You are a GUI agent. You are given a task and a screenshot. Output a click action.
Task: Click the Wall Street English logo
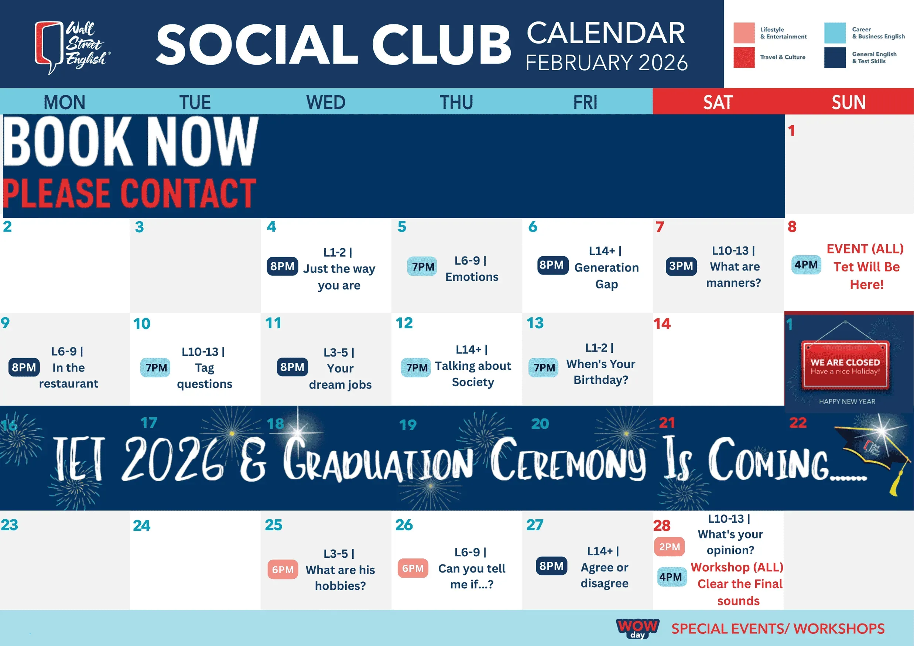tap(72, 47)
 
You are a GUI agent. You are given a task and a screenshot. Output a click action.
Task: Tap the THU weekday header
tap(456, 102)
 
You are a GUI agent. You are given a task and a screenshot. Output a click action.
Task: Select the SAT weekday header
tap(718, 102)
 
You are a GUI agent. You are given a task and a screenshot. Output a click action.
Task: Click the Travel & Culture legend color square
tap(744, 57)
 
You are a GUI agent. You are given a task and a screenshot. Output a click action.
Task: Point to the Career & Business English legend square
tap(835, 33)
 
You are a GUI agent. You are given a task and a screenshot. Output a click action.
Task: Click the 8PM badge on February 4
tap(282, 266)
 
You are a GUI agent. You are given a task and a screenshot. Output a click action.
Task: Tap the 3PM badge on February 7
tap(681, 266)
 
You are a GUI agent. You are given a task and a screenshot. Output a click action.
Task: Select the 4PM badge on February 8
tap(806, 265)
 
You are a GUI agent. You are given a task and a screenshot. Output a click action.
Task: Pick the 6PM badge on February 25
tap(283, 570)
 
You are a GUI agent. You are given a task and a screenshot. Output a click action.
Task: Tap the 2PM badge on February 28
tap(670, 547)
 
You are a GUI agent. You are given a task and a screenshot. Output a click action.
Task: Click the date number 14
tap(662, 324)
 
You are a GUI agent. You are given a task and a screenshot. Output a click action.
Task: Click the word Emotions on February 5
tap(472, 277)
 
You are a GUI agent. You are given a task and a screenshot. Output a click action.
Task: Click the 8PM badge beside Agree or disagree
tap(551, 565)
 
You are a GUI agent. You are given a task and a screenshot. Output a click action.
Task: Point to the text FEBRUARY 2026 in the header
tap(606, 63)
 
